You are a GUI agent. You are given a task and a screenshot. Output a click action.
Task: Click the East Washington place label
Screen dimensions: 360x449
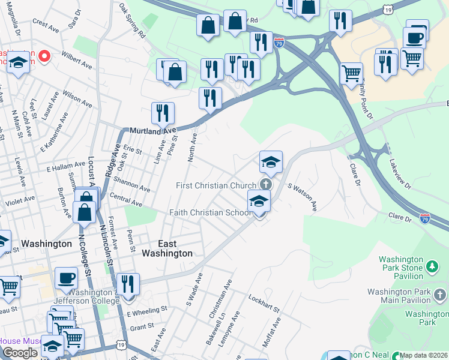[167, 248]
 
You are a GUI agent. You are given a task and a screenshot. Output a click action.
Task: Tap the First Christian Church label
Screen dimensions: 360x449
[216, 185]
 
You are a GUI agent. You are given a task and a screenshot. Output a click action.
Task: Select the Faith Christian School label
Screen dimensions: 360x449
[210, 212]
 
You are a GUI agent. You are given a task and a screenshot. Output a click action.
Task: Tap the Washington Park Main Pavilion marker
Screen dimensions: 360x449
[441, 295]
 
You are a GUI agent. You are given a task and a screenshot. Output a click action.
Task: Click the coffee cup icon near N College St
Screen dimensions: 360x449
[66, 278]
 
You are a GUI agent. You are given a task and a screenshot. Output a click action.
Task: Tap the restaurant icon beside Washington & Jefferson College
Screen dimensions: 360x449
[128, 283]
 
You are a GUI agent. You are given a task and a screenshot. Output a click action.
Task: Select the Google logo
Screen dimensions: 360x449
[20, 353]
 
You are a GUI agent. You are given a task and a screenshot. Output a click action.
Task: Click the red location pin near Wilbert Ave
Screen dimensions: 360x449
[44, 57]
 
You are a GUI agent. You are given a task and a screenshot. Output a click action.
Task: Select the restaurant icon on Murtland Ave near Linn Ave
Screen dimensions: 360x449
[163, 113]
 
